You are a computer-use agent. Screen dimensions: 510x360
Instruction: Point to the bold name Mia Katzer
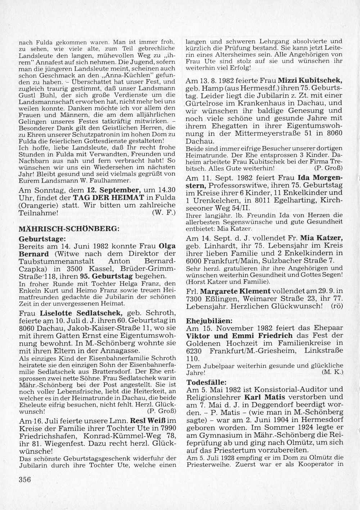click(x=321, y=238)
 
